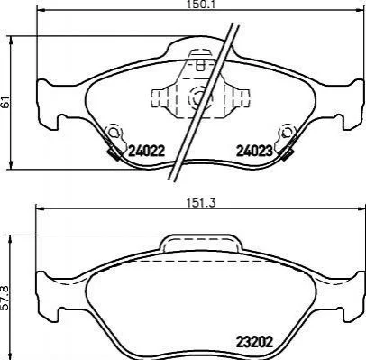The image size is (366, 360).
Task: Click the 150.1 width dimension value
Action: (x=201, y=4)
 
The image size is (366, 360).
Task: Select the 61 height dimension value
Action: (x=5, y=102)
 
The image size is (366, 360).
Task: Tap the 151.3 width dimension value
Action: (x=201, y=203)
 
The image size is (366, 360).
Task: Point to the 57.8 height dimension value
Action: (x=5, y=298)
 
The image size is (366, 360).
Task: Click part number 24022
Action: (x=147, y=151)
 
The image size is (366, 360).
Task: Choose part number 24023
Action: (x=254, y=151)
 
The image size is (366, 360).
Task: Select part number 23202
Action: (x=254, y=341)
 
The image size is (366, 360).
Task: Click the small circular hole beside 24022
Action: (x=114, y=133)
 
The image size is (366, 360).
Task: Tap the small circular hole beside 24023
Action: (x=288, y=132)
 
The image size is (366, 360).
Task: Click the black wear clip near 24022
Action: (x=114, y=153)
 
